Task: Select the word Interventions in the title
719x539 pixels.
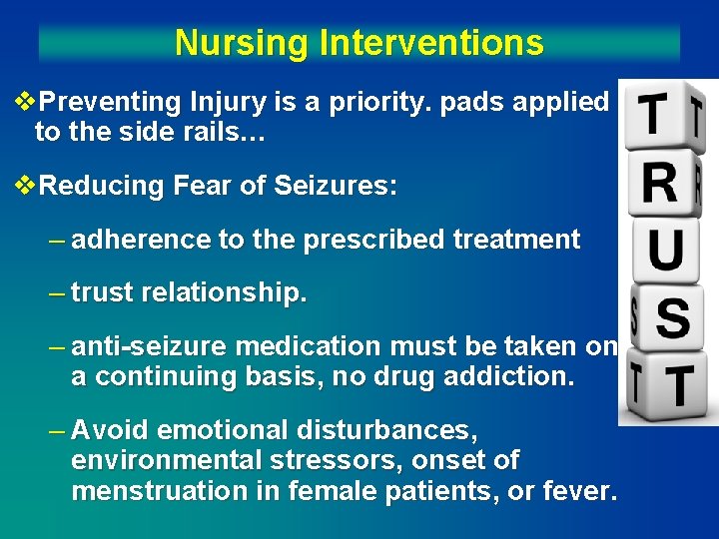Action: (431, 43)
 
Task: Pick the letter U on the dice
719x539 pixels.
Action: (666, 250)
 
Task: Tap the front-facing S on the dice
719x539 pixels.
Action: (673, 318)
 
